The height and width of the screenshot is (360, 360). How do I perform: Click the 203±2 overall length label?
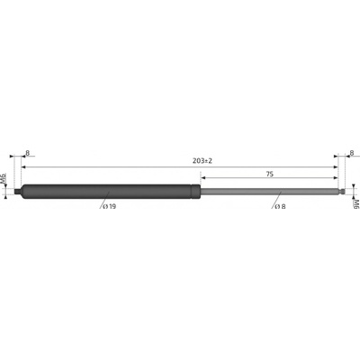pyautogui.click(x=202, y=161)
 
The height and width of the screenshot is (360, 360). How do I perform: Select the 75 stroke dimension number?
pyautogui.click(x=270, y=174)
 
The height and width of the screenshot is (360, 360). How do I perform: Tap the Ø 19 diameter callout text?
pyautogui.click(x=109, y=206)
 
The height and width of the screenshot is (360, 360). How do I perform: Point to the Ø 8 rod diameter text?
pyautogui.click(x=279, y=206)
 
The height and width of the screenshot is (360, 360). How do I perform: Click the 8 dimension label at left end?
pyautogui.click(x=28, y=153)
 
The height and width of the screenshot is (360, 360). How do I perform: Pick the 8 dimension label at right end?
pyautogui.click(x=352, y=153)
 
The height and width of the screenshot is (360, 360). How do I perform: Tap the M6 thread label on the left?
pyautogui.click(x=4, y=178)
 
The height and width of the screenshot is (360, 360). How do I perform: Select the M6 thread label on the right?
pyautogui.click(x=356, y=204)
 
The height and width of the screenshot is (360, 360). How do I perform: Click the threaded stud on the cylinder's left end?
pyautogui.click(x=18, y=191)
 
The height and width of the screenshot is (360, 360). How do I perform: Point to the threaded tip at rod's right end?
pyautogui.click(x=341, y=191)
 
